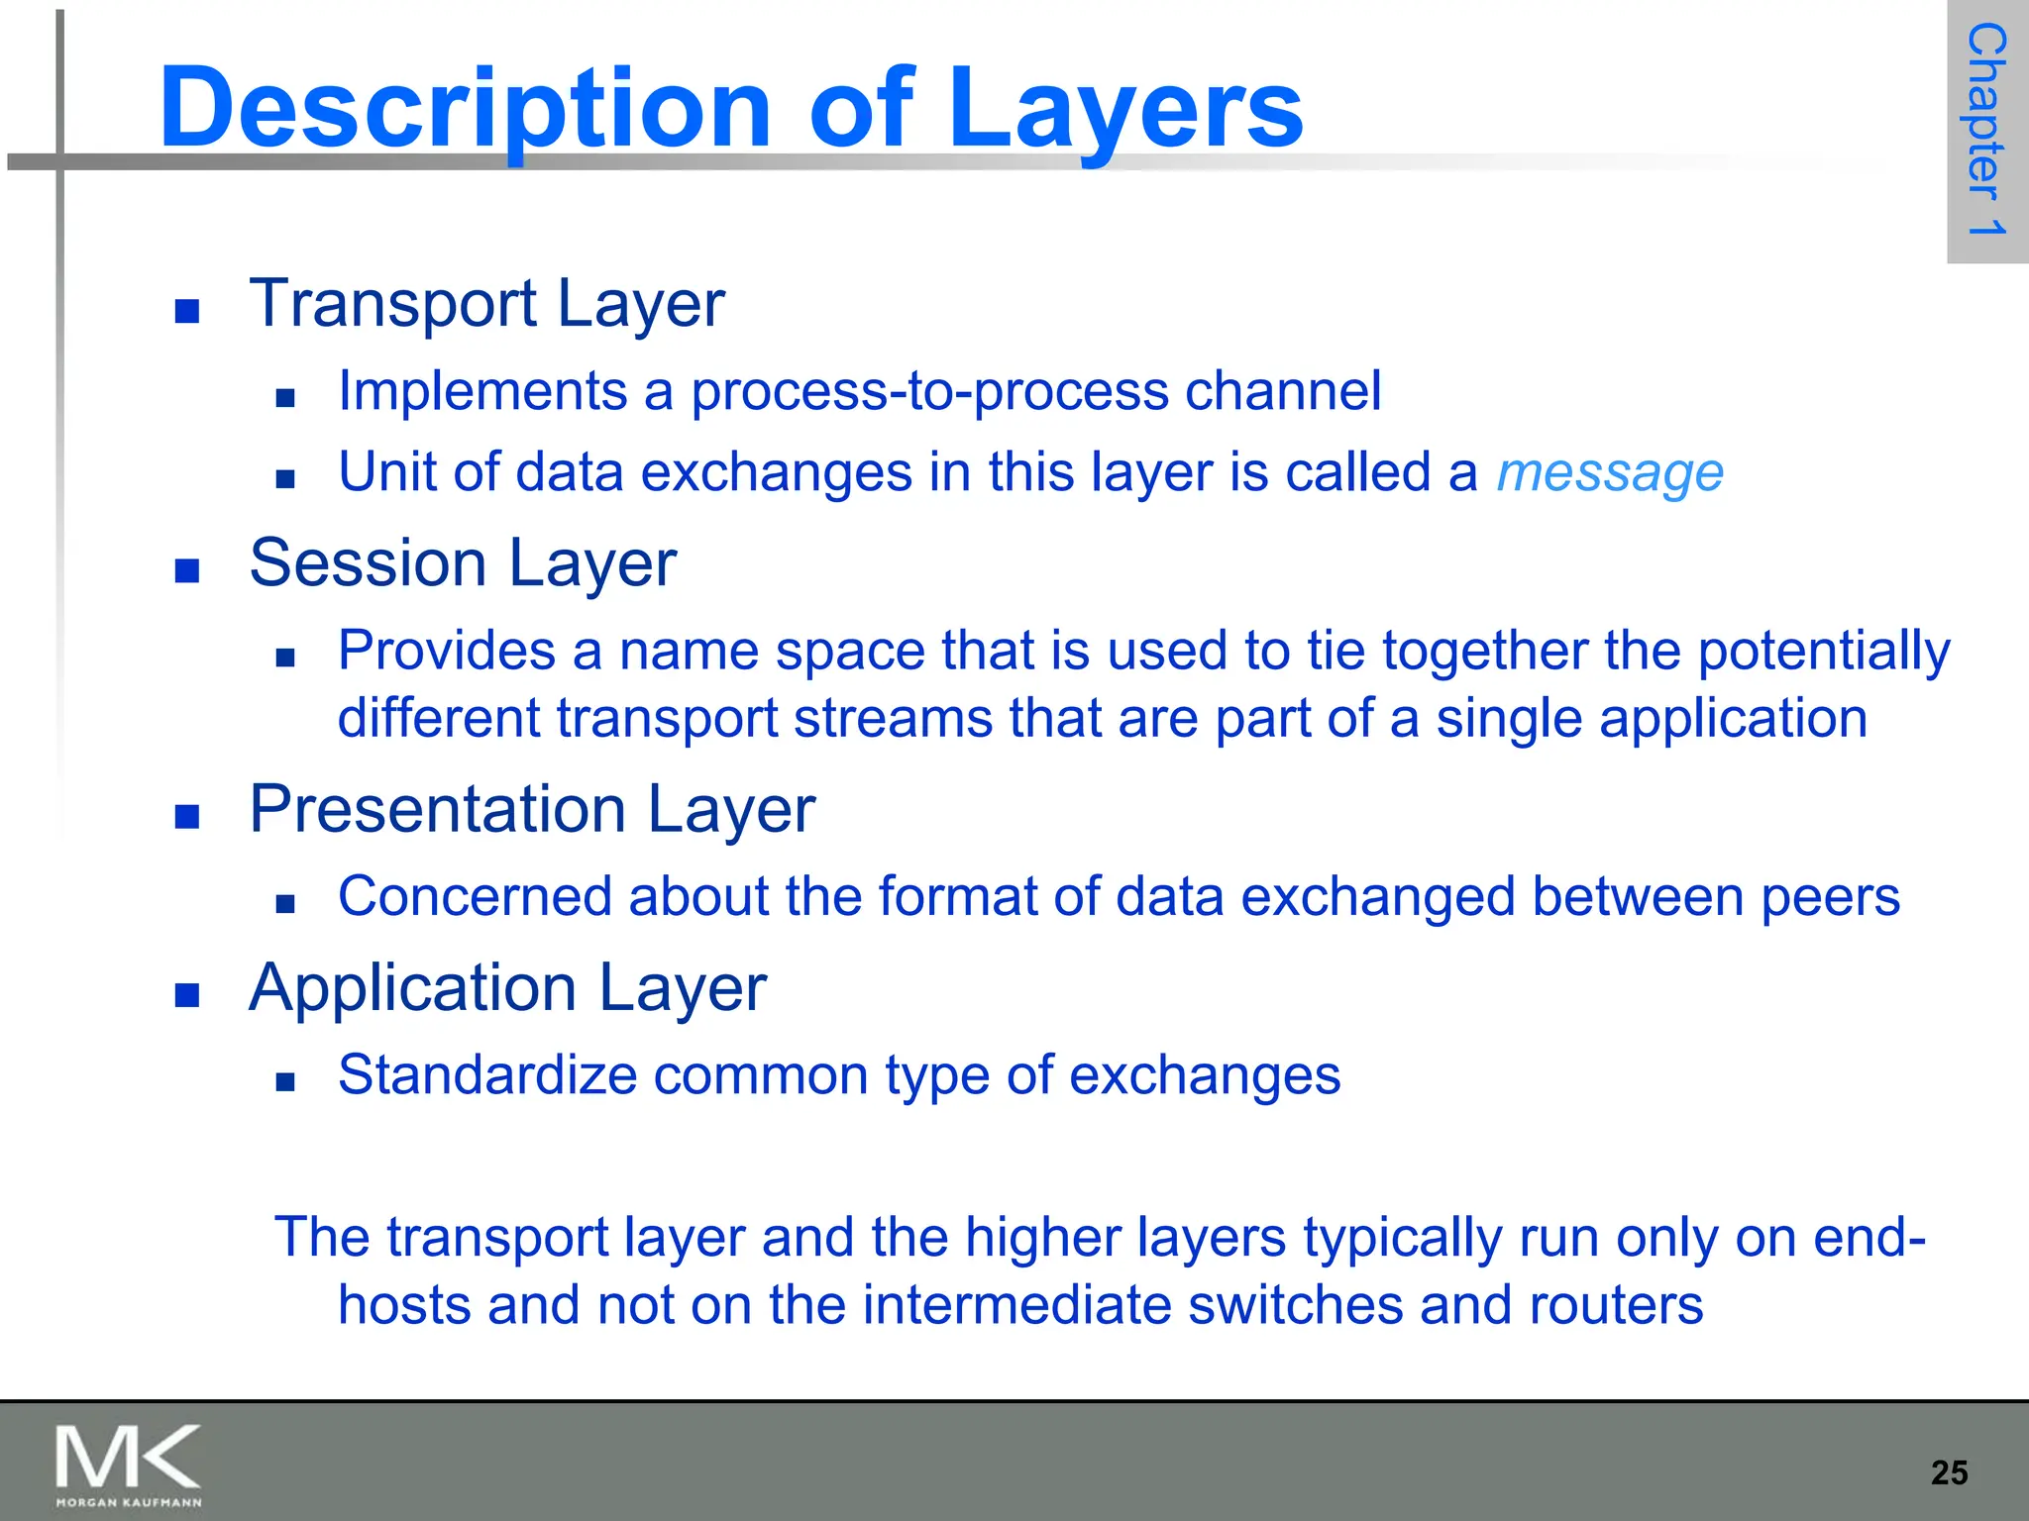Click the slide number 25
point(1949,1472)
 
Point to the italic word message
point(1610,472)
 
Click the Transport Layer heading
point(486,303)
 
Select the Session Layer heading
point(463,562)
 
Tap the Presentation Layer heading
point(532,809)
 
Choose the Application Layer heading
point(507,987)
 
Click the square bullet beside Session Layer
point(187,570)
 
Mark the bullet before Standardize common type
point(286,1081)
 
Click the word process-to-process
point(929,390)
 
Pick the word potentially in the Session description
point(1824,652)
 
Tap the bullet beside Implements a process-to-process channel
point(286,398)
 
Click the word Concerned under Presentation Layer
point(475,896)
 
